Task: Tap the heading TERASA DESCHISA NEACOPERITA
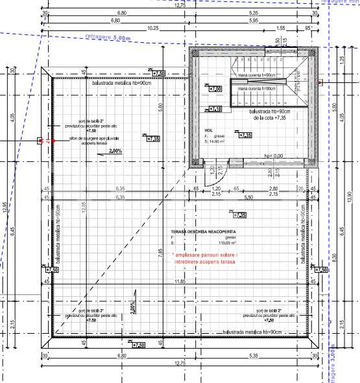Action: [x=204, y=231]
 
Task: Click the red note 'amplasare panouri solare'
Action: [x=206, y=257]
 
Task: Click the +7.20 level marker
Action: [x=215, y=89]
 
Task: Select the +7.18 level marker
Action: [x=215, y=109]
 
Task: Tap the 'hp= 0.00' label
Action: [x=274, y=156]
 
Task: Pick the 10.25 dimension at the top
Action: [x=153, y=28]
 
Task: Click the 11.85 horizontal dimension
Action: [x=180, y=282]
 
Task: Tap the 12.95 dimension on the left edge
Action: [x=5, y=207]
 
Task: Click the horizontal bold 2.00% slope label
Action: [x=116, y=151]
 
